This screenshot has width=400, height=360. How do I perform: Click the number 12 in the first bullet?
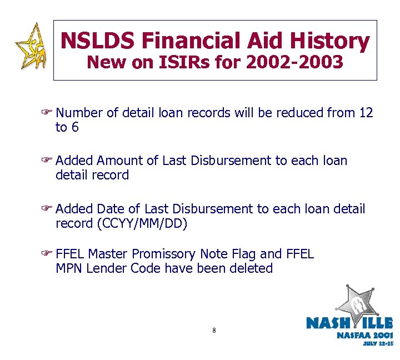tap(366, 113)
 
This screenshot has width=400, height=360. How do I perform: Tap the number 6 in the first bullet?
tap(74, 127)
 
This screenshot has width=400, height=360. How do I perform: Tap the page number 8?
tap(214, 331)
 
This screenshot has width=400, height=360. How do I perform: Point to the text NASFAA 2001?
tap(364, 335)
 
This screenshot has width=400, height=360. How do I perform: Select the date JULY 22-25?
tap(378, 344)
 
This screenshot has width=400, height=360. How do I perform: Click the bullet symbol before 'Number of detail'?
tap(49, 113)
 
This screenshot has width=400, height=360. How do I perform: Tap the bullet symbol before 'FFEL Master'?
tap(49, 254)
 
